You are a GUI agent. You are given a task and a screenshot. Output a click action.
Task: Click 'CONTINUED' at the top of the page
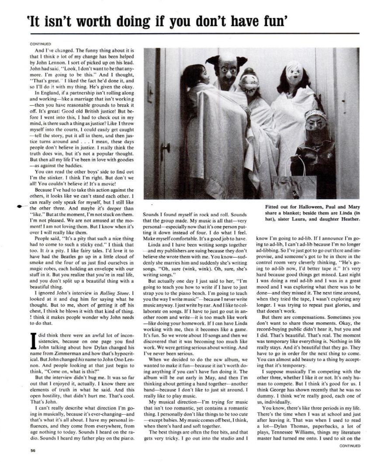click(x=41, y=44)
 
